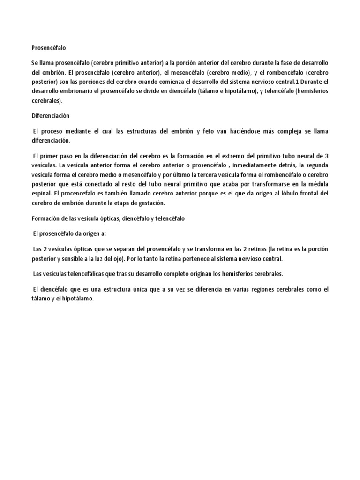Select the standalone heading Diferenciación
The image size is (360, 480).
tap(51, 115)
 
